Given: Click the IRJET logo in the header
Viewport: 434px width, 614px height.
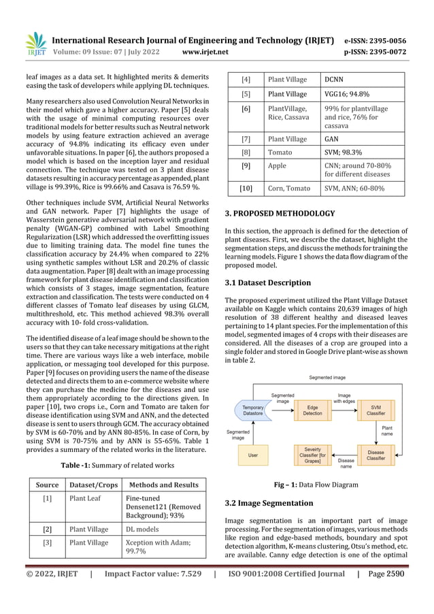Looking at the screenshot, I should pos(35,44).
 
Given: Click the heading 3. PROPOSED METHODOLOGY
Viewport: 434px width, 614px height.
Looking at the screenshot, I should pos(280,213).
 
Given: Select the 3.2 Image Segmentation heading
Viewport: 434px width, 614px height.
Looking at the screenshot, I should pos(269,503).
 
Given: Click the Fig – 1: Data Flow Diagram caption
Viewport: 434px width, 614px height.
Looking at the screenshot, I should pos(314,485).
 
